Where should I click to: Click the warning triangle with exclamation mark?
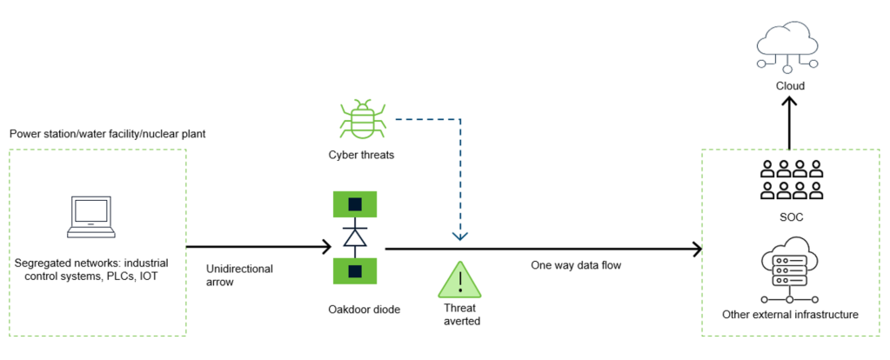coord(458,280)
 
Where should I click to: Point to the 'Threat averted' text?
coord(458,314)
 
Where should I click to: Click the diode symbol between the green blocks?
coord(353,237)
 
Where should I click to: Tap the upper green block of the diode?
coord(353,204)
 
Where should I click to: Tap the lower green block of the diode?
coord(353,270)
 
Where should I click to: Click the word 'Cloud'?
coord(790,86)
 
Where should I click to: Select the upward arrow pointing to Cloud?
coord(790,122)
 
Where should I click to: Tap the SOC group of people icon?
coord(790,178)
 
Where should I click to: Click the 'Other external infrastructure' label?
coord(789,314)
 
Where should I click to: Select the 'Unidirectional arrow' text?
coord(239,275)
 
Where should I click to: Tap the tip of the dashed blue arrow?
coord(460,237)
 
